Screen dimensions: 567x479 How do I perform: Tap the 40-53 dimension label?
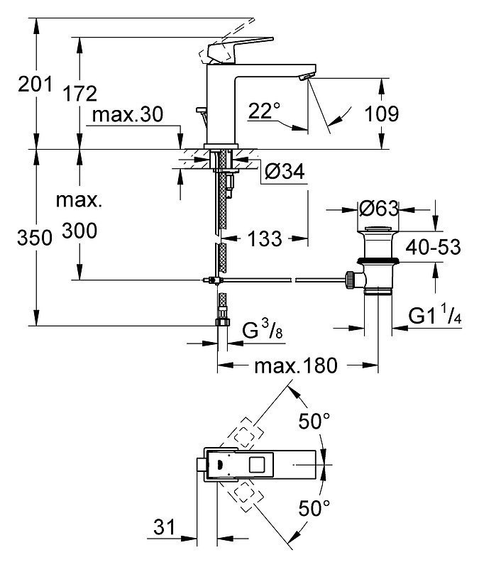point(434,247)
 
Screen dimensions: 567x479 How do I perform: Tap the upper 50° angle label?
point(314,422)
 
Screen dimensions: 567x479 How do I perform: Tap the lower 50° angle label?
point(314,507)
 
